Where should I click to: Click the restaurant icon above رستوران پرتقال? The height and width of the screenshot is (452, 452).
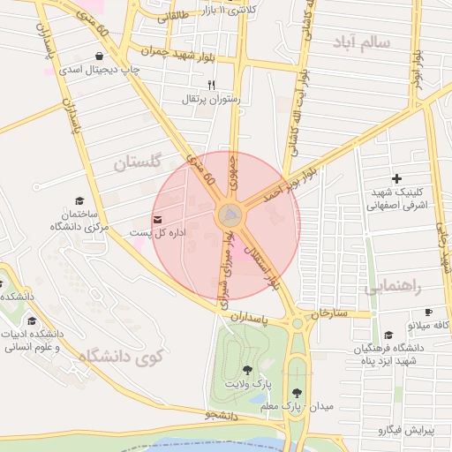pyautogui.click(x=211, y=85)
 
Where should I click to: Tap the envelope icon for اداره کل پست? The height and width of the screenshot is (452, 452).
pyautogui.click(x=158, y=219)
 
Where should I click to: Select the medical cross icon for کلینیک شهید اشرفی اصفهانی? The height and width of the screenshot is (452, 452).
pyautogui.click(x=396, y=178)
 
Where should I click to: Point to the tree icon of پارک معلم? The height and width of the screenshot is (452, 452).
pyautogui.click(x=297, y=391)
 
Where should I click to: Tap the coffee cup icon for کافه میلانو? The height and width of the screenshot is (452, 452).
pyautogui.click(x=429, y=312)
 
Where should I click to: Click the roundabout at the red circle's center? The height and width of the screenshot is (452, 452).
pyautogui.click(x=229, y=215)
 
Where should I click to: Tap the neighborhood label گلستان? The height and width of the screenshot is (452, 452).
pyautogui.click(x=139, y=162)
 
